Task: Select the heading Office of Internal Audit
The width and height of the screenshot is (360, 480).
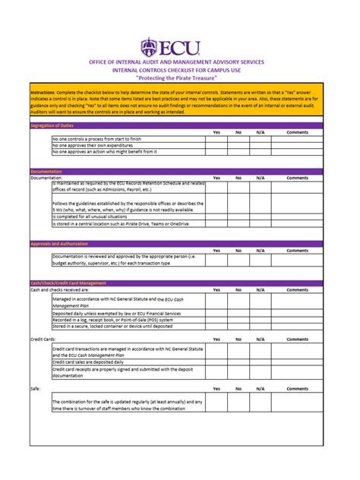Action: (178, 62)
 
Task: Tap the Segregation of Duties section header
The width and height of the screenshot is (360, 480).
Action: (52, 125)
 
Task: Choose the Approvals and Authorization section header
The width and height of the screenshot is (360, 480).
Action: (58, 244)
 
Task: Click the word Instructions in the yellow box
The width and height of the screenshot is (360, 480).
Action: (43, 92)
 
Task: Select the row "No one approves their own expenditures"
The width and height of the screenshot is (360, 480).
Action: (99, 145)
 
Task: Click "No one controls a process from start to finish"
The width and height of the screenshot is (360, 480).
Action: (96, 139)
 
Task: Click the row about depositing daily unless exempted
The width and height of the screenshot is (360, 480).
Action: (113, 314)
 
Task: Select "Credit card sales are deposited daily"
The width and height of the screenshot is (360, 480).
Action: (98, 362)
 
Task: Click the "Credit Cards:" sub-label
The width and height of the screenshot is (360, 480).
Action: (43, 339)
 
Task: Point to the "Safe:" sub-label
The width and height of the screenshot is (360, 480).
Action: (35, 388)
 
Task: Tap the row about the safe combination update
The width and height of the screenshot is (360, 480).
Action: (127, 405)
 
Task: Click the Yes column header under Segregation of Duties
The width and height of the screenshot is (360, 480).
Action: (216, 132)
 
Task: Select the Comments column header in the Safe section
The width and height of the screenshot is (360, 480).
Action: (297, 388)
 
